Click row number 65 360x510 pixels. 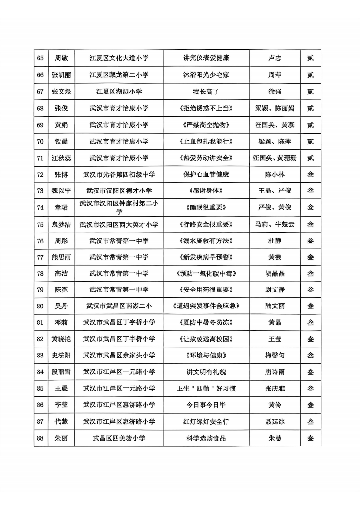click(40, 58)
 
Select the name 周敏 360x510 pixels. click(61, 58)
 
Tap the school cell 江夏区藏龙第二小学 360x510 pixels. click(119, 75)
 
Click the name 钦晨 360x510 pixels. click(61, 141)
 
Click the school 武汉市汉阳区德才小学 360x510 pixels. click(119, 191)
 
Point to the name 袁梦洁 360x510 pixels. click(61, 224)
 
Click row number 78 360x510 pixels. click(40, 273)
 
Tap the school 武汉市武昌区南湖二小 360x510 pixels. click(119, 306)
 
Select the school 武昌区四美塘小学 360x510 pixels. click(119, 438)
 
